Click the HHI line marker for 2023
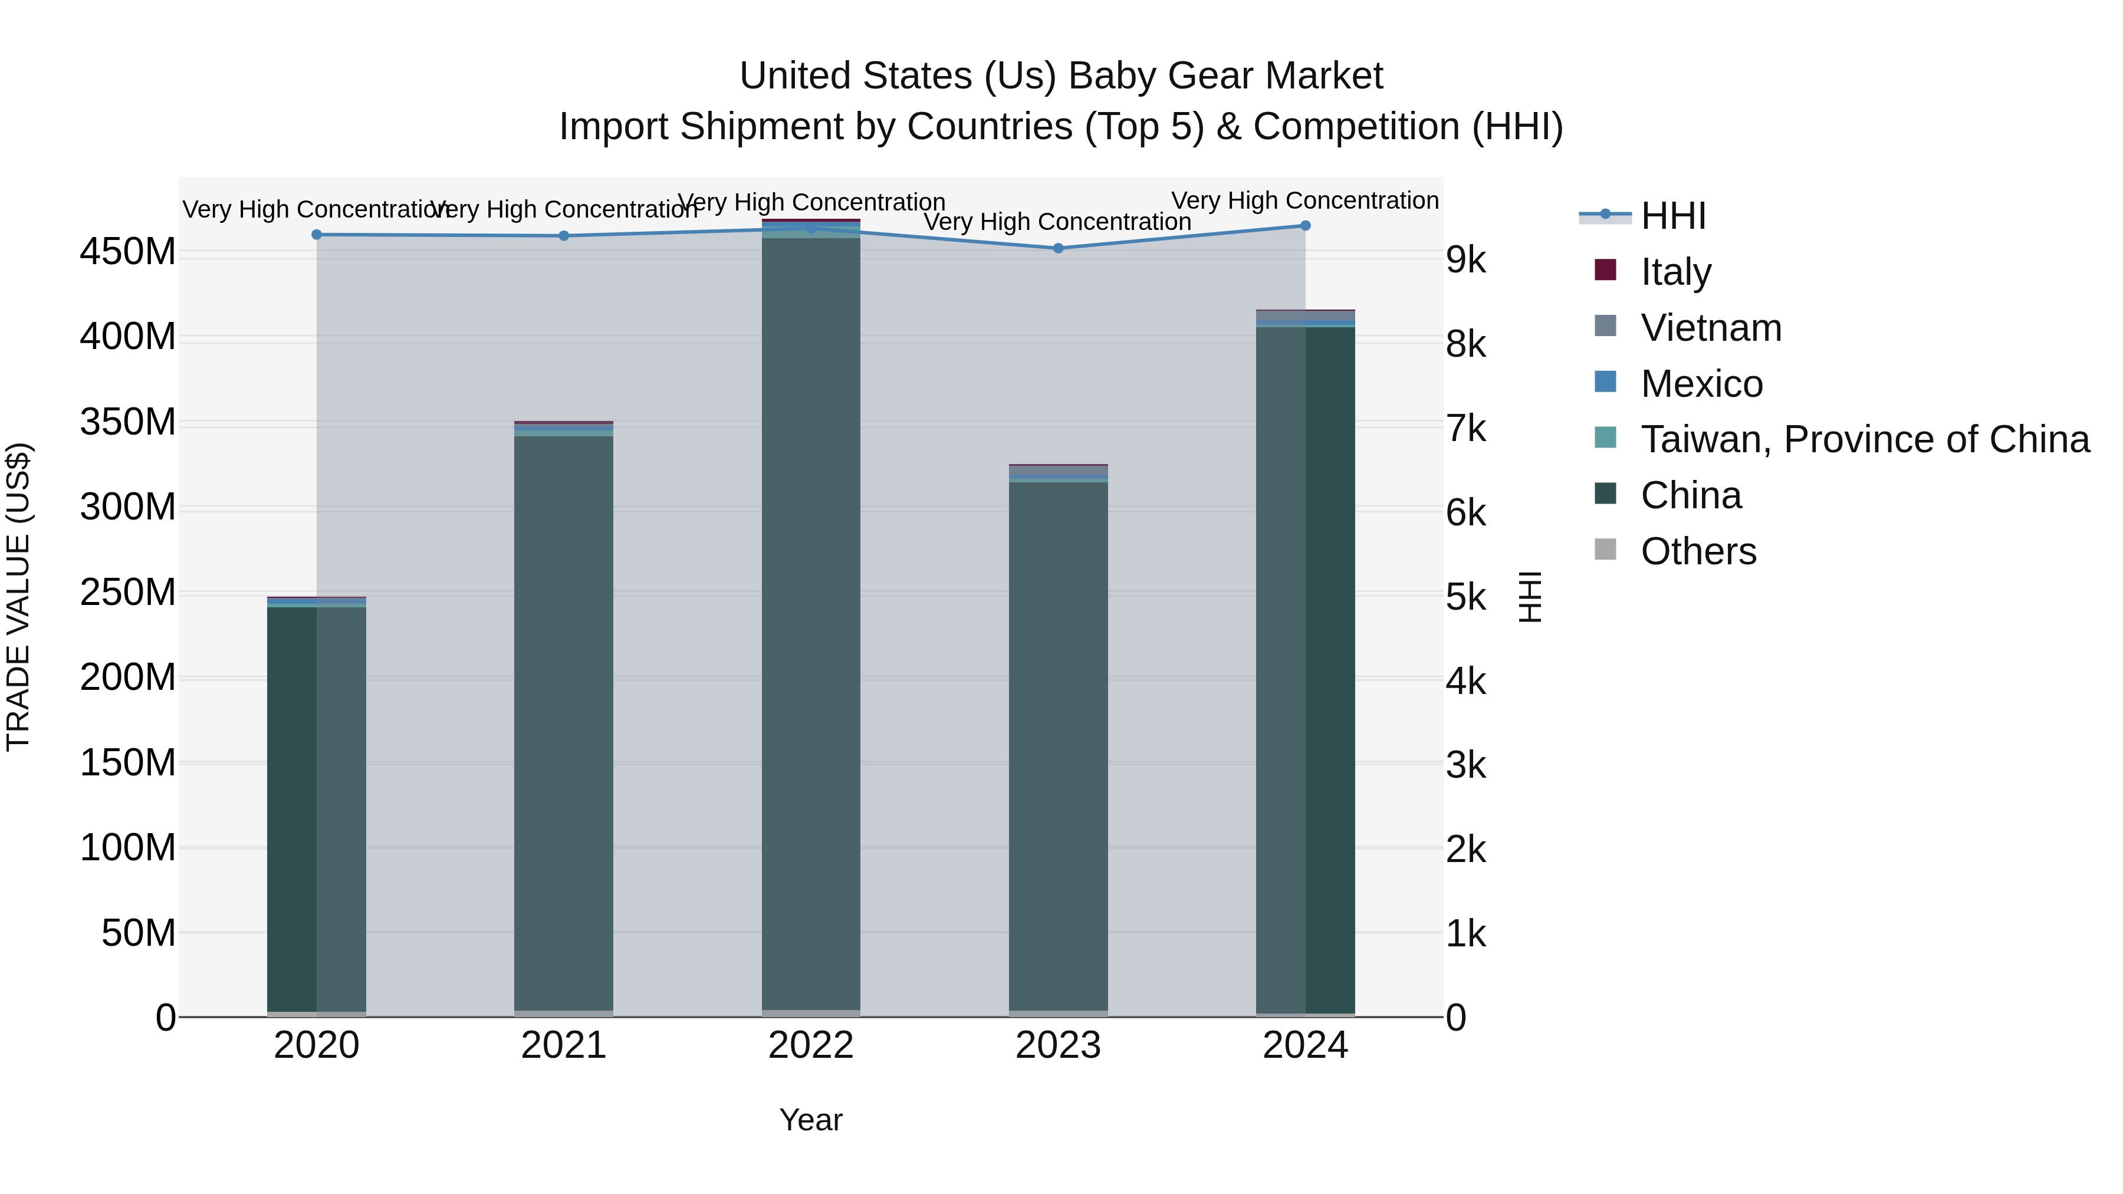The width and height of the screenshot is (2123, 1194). tap(1058, 248)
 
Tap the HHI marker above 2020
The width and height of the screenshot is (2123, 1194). tap(317, 235)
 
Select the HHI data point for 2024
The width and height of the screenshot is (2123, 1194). tap(1306, 226)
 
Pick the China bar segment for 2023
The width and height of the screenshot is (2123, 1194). tap(1058, 742)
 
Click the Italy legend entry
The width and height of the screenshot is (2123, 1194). tap(1675, 272)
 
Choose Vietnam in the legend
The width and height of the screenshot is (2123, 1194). tap(1711, 328)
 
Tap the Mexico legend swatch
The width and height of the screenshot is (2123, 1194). tap(1605, 382)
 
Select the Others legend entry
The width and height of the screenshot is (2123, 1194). tap(1698, 551)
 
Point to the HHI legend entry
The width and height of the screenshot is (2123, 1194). tap(1673, 216)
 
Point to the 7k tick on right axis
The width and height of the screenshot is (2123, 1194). tap(1466, 429)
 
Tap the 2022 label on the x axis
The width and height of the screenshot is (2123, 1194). tap(811, 1045)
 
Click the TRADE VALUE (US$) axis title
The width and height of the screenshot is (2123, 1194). tap(18, 597)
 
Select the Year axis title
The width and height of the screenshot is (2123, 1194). tap(811, 1120)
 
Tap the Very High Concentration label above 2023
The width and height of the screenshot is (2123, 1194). tap(1057, 222)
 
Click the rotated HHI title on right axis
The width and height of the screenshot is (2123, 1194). tap(1530, 597)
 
